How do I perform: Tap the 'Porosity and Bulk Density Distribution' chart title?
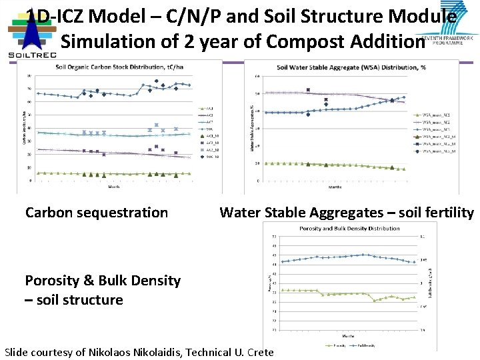tap(350, 229)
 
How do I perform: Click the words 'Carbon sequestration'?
tap(97, 213)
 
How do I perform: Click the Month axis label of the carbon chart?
tap(114, 187)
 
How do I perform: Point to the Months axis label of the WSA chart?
tap(335, 187)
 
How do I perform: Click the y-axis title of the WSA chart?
tap(252, 127)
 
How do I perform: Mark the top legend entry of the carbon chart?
tap(206, 107)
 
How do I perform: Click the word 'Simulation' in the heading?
tap(102, 41)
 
